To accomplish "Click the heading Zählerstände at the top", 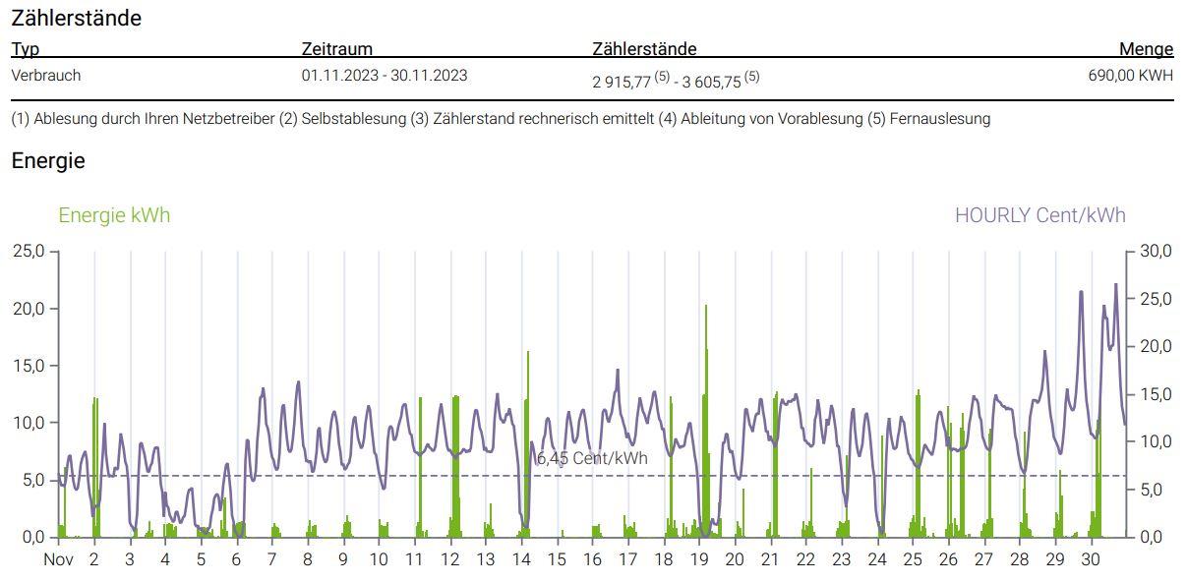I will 76,18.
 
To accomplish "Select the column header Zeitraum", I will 336,49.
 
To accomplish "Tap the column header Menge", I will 1146,49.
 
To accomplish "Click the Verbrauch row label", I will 46,75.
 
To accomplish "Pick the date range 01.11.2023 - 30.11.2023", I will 385,75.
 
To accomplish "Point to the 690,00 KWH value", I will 1131,75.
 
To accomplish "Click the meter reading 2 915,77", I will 622,83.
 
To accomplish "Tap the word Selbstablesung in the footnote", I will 354,119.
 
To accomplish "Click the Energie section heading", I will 48,161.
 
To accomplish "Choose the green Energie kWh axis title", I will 114,215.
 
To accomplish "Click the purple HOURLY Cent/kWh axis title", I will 1039,215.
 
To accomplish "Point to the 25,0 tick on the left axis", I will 29,252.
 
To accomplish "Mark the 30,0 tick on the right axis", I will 1155,252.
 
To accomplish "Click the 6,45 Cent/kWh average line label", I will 592,458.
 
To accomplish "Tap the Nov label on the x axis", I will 59,559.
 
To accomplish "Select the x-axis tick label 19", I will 699,559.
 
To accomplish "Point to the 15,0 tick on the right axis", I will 1155,394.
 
